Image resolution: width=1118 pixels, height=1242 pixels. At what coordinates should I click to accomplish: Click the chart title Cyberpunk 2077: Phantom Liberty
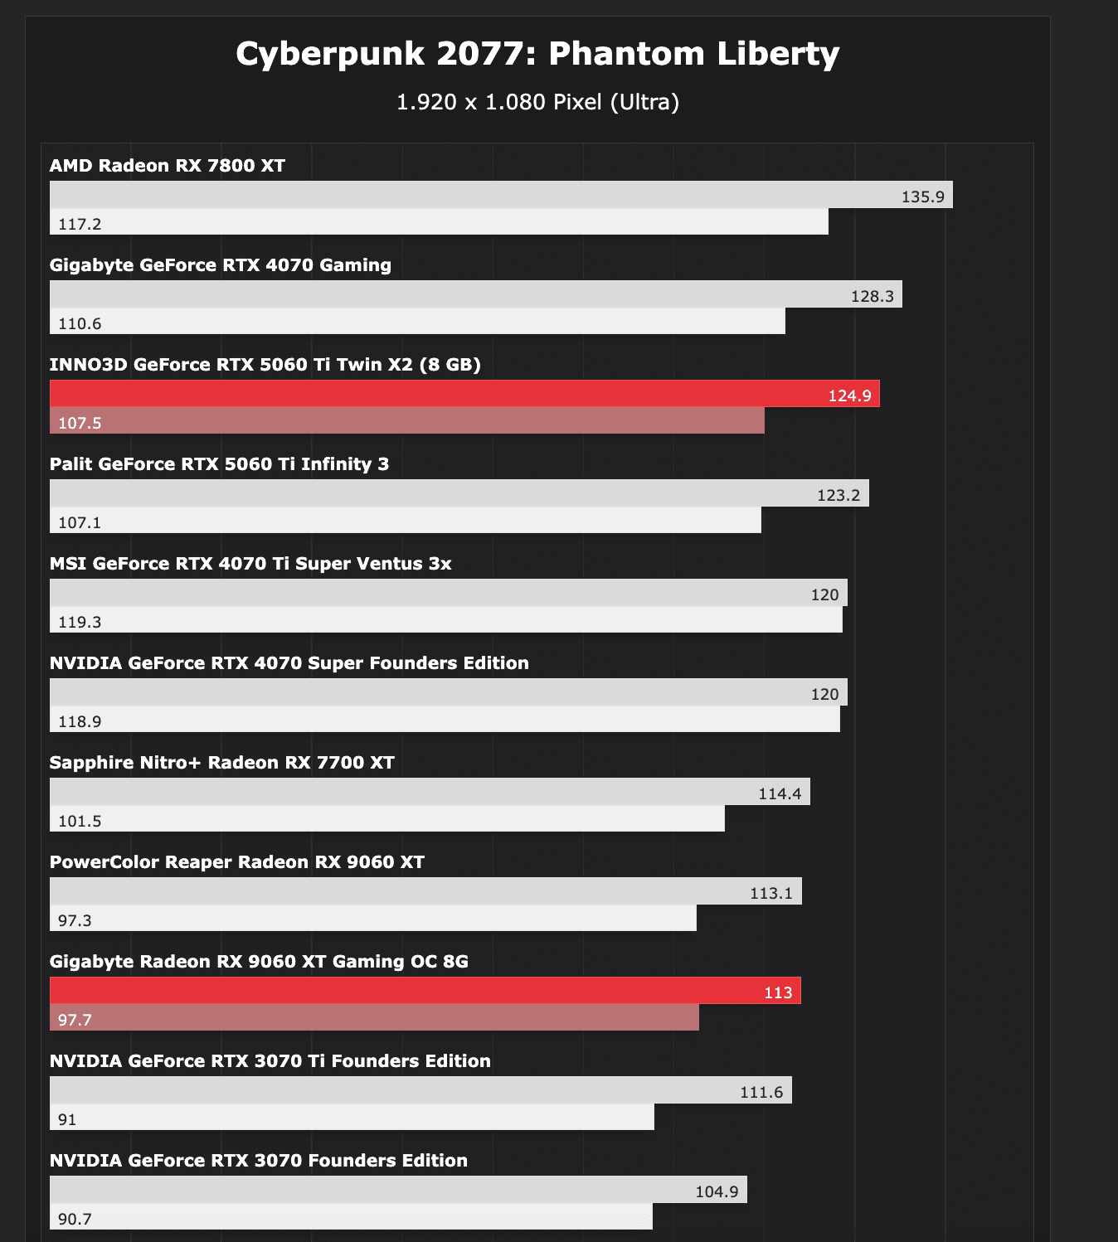537,54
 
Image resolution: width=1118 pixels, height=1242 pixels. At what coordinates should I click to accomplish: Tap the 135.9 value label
922,196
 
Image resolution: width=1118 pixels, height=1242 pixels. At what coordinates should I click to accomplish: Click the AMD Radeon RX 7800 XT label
167,166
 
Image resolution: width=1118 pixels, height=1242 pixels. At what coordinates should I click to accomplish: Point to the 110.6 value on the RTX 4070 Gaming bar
80,323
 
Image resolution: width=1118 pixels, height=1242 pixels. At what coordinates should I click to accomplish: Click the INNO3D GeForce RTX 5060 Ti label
265,365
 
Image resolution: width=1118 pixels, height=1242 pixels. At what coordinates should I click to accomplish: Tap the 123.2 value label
838,495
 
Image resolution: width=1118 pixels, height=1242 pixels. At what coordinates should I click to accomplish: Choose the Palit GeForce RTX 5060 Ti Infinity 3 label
219,464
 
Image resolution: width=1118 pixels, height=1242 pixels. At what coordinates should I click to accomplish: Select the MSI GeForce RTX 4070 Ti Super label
250,564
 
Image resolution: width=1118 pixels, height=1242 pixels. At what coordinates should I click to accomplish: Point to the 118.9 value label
80,721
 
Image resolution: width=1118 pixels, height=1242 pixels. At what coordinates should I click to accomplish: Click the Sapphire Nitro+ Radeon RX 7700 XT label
221,763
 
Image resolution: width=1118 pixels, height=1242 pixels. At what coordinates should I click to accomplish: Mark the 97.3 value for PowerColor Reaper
75,920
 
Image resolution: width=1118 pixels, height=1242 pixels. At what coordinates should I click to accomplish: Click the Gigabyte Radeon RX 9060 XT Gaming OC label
259,962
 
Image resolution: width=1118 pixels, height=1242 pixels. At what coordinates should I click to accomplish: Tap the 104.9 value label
716,1191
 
